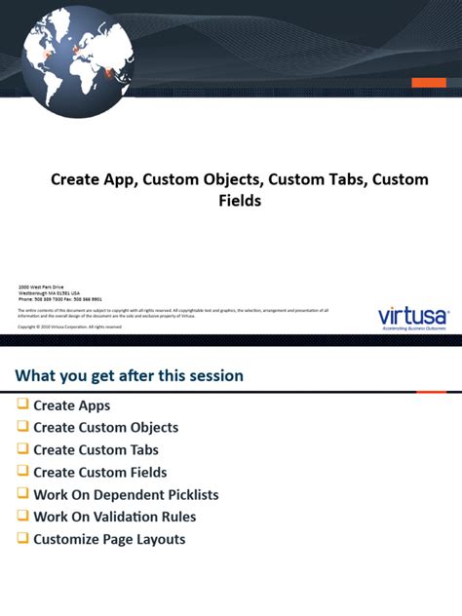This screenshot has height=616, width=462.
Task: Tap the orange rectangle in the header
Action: tap(428, 83)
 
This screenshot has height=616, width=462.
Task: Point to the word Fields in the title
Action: tap(240, 202)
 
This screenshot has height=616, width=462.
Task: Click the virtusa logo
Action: tap(412, 317)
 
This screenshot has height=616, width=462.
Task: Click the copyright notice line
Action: tap(70, 327)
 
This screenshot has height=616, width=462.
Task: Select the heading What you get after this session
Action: tap(129, 375)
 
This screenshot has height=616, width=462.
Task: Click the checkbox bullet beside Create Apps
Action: tap(22, 404)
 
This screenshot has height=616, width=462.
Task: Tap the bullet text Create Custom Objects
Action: tap(105, 427)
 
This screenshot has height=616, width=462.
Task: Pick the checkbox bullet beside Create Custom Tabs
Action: tap(22, 449)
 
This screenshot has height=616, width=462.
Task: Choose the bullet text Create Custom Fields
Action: tap(99, 472)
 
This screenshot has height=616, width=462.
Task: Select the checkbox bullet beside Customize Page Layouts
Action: tap(22, 539)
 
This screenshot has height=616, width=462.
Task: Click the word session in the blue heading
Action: tap(214, 375)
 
